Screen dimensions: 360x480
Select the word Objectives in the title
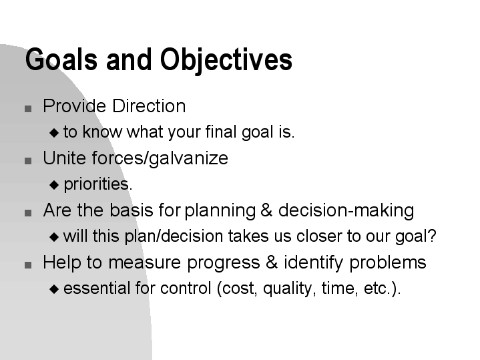(x=226, y=59)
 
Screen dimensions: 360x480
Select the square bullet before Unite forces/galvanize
(x=28, y=161)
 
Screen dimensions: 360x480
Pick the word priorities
(x=97, y=184)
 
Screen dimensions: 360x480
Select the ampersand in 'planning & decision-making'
(x=266, y=211)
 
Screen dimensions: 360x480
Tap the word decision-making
(x=346, y=211)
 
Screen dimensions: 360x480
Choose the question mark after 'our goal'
(x=433, y=236)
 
